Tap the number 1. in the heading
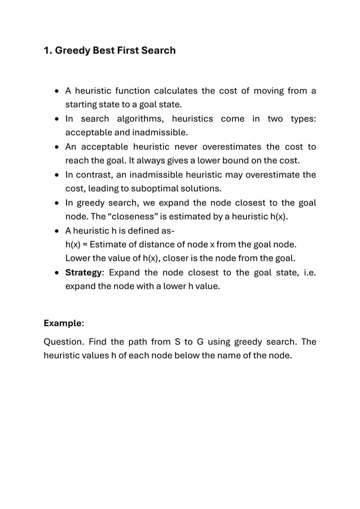click(48, 51)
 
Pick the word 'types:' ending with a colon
click(303, 119)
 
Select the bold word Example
click(63, 323)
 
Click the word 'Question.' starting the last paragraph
click(64, 342)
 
